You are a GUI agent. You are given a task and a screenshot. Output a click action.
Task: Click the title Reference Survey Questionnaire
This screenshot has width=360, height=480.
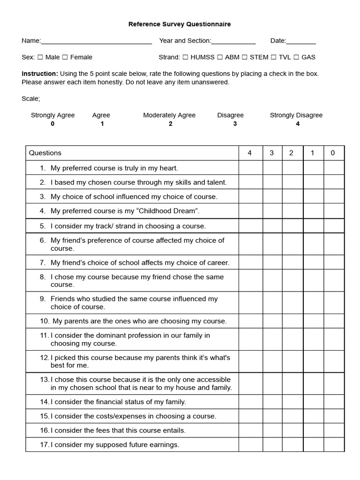[x=180, y=24]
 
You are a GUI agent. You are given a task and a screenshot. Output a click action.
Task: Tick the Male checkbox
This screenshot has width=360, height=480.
[x=40, y=57]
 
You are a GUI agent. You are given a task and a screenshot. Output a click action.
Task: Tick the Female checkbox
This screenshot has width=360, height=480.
[x=65, y=57]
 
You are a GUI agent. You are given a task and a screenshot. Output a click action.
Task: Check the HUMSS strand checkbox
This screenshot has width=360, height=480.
[x=186, y=57]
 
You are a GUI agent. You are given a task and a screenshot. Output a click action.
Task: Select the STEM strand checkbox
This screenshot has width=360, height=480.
[x=245, y=57]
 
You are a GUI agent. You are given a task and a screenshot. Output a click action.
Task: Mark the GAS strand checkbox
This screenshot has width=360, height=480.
[x=296, y=57]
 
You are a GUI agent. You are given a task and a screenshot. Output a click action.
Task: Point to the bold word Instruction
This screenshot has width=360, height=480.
[x=40, y=74]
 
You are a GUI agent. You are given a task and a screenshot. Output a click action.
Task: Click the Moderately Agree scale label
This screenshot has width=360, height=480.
[x=169, y=115]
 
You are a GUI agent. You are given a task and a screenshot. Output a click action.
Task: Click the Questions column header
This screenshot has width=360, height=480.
[x=45, y=153]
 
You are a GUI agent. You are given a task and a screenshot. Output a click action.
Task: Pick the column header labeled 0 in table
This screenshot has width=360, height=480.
[x=333, y=153]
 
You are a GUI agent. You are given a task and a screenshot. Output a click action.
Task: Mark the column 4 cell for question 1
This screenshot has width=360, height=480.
[x=250, y=168]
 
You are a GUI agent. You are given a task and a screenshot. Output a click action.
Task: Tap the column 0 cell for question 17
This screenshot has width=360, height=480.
[x=334, y=444]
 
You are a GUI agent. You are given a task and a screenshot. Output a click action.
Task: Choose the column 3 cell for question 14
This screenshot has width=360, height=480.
[x=272, y=402]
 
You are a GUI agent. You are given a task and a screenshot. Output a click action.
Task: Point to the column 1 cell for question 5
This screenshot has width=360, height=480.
[x=313, y=226]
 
